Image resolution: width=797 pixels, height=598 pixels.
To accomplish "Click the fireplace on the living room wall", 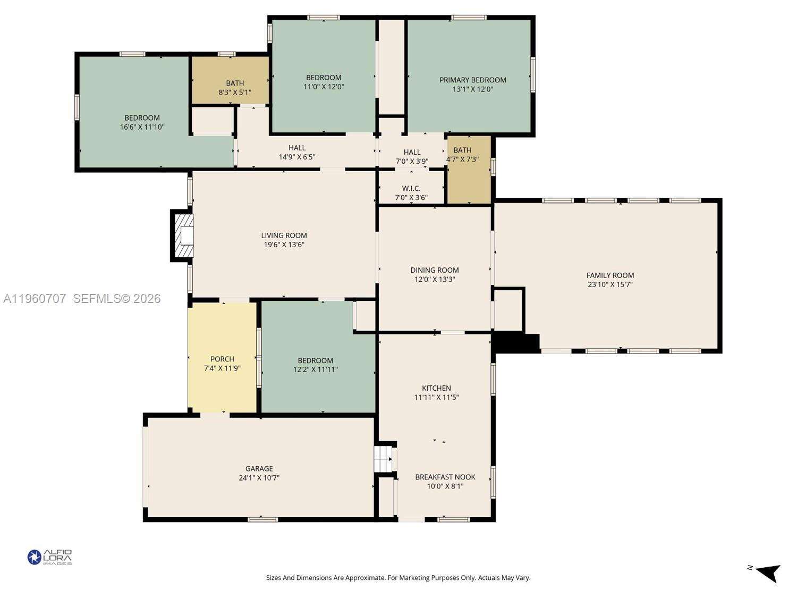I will click(183, 235).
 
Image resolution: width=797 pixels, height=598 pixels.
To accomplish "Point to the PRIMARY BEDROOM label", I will click(472, 80).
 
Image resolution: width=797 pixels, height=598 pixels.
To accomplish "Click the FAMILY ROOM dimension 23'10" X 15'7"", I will click(610, 284).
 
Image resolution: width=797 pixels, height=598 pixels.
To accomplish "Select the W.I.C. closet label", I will click(411, 188).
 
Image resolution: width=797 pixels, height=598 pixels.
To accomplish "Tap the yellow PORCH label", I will click(222, 359).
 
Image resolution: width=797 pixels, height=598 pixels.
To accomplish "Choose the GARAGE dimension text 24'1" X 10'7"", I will click(259, 477).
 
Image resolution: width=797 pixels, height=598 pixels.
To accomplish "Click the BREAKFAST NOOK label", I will click(445, 477).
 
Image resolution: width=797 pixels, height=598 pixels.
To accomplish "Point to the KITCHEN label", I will click(436, 388).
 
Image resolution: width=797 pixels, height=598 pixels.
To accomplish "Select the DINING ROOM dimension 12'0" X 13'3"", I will click(434, 279).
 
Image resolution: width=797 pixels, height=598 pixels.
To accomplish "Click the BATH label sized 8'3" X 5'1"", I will click(235, 83).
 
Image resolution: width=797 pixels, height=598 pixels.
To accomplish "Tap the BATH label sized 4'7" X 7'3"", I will click(462, 150).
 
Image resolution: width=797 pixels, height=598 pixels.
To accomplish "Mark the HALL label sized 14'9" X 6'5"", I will click(297, 148).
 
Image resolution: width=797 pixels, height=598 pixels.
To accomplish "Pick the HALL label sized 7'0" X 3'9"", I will click(412, 152).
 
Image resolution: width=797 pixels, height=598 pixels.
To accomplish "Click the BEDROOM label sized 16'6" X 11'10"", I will click(142, 117).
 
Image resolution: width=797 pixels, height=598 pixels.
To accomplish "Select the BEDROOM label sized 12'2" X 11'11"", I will click(315, 360).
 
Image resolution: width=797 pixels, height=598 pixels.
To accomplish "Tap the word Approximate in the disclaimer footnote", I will click(366, 577).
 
